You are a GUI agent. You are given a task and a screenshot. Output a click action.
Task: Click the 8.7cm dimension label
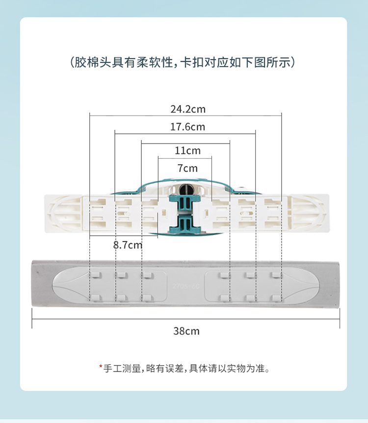[128, 245]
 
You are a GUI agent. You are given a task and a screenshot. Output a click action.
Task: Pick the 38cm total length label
[186, 331]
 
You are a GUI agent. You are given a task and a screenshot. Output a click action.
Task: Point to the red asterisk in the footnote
[101, 366]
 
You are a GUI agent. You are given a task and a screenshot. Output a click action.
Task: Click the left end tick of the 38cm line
[32, 322]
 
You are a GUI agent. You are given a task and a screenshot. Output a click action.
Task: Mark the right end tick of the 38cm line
[340, 322]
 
